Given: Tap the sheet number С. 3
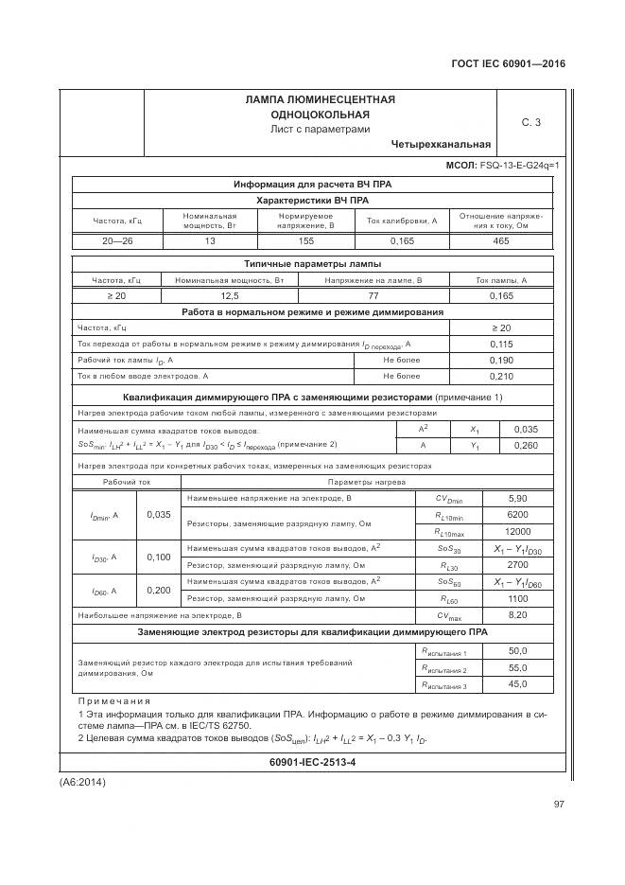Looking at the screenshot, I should pyautogui.click(x=530, y=122).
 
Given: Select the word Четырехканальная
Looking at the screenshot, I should pyautogui.click(x=441, y=145).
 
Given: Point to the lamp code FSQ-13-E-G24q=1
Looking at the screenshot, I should pyautogui.click(x=519, y=166).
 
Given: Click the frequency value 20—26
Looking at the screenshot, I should pyautogui.click(x=117, y=242).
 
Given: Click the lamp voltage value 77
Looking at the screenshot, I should pyautogui.click(x=373, y=296).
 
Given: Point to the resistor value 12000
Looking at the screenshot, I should pyautogui.click(x=517, y=531).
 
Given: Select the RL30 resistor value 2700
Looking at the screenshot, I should pyautogui.click(x=517, y=564).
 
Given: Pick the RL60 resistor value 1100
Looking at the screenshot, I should pyautogui.click(x=517, y=598).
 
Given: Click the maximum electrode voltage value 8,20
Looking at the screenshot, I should pyautogui.click(x=517, y=615).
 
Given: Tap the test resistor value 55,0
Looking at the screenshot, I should pyautogui.click(x=517, y=668).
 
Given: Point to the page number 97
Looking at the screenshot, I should pyautogui.click(x=557, y=805).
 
